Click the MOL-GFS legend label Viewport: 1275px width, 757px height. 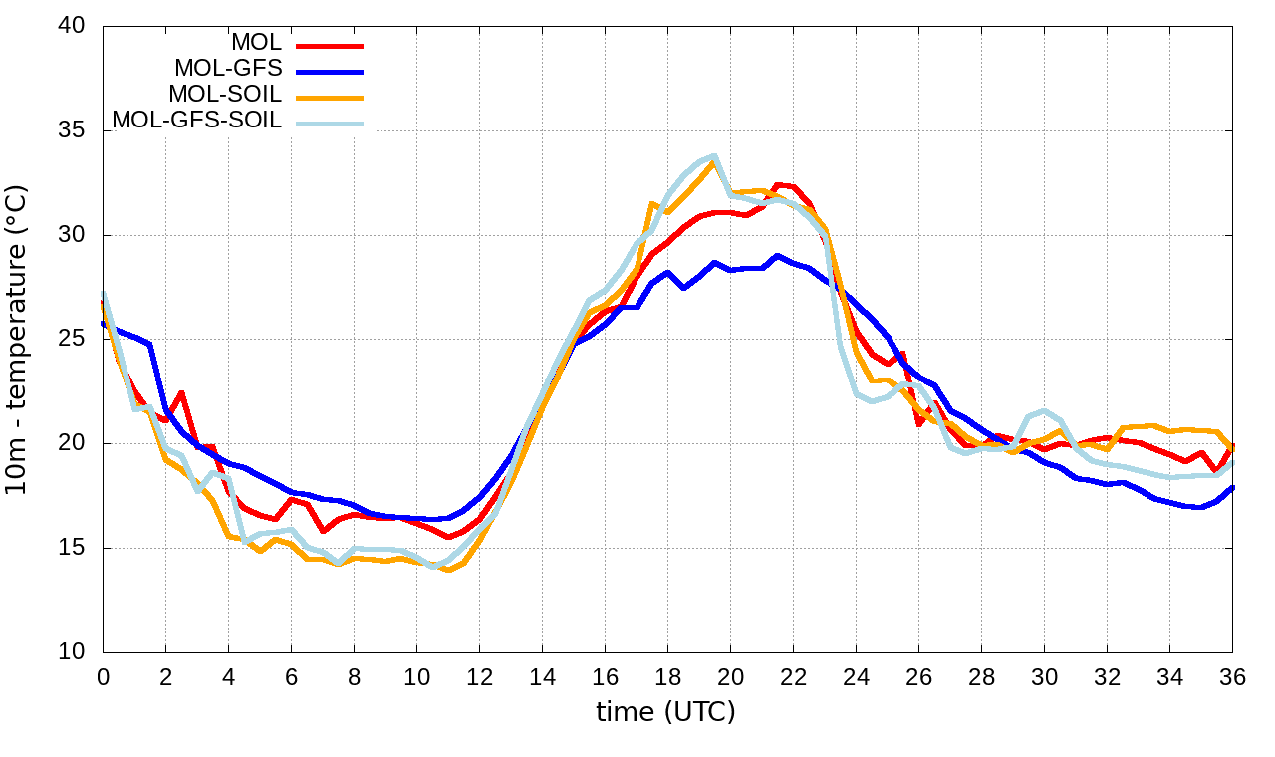click(x=228, y=69)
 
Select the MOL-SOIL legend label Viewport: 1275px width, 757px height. click(x=225, y=95)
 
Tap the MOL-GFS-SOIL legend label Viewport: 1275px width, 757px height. click(x=197, y=121)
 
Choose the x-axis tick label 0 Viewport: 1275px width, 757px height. click(x=103, y=676)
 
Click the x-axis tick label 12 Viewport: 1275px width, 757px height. click(x=479, y=676)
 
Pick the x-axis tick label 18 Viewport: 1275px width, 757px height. click(x=667, y=676)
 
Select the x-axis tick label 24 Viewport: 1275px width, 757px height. click(x=856, y=676)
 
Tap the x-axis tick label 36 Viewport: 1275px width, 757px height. click(x=1232, y=676)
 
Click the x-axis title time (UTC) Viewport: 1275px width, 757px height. click(x=665, y=712)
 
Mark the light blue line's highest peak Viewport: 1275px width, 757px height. click(x=714, y=156)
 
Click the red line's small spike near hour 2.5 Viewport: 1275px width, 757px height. click(x=181, y=392)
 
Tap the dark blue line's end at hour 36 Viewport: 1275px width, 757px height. click(x=1232, y=487)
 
